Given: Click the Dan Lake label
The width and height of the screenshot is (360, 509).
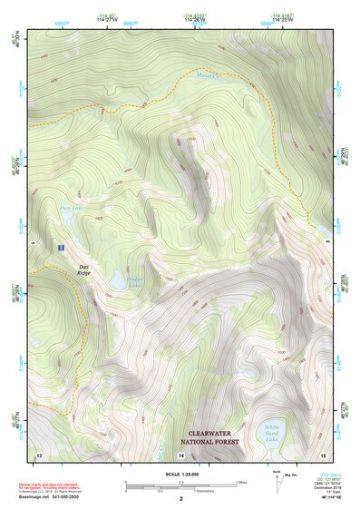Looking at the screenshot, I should (66, 209).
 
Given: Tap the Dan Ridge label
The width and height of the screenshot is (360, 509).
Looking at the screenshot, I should (83, 269).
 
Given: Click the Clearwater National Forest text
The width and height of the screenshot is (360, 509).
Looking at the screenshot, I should (213, 439).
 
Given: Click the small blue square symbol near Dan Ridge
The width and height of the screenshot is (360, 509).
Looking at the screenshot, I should (60, 247).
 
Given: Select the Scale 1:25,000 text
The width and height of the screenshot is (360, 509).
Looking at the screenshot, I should (180, 475).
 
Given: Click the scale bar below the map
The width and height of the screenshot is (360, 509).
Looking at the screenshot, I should (180, 486).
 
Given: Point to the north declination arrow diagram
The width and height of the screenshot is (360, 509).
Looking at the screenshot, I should (276, 482).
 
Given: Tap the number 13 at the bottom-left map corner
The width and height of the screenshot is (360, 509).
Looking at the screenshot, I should (38, 453).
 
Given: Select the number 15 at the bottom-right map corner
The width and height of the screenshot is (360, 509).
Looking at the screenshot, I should (324, 453).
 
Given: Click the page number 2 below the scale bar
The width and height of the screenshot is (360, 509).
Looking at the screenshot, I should (180, 499).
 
